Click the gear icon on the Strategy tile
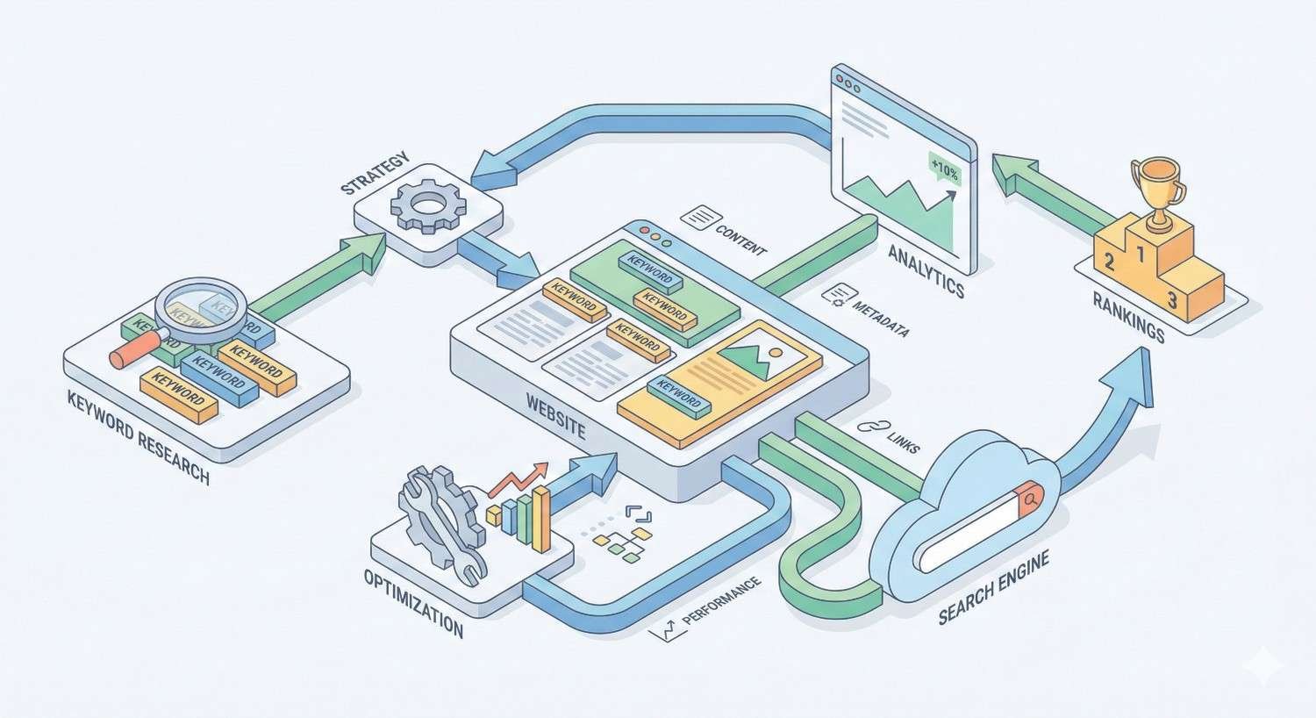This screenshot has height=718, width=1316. (x=428, y=205)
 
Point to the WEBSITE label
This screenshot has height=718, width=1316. (x=555, y=417)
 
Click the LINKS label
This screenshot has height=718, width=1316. (x=903, y=442)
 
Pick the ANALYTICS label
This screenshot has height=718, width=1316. (x=926, y=270)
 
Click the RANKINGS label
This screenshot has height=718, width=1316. (x=1128, y=317)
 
